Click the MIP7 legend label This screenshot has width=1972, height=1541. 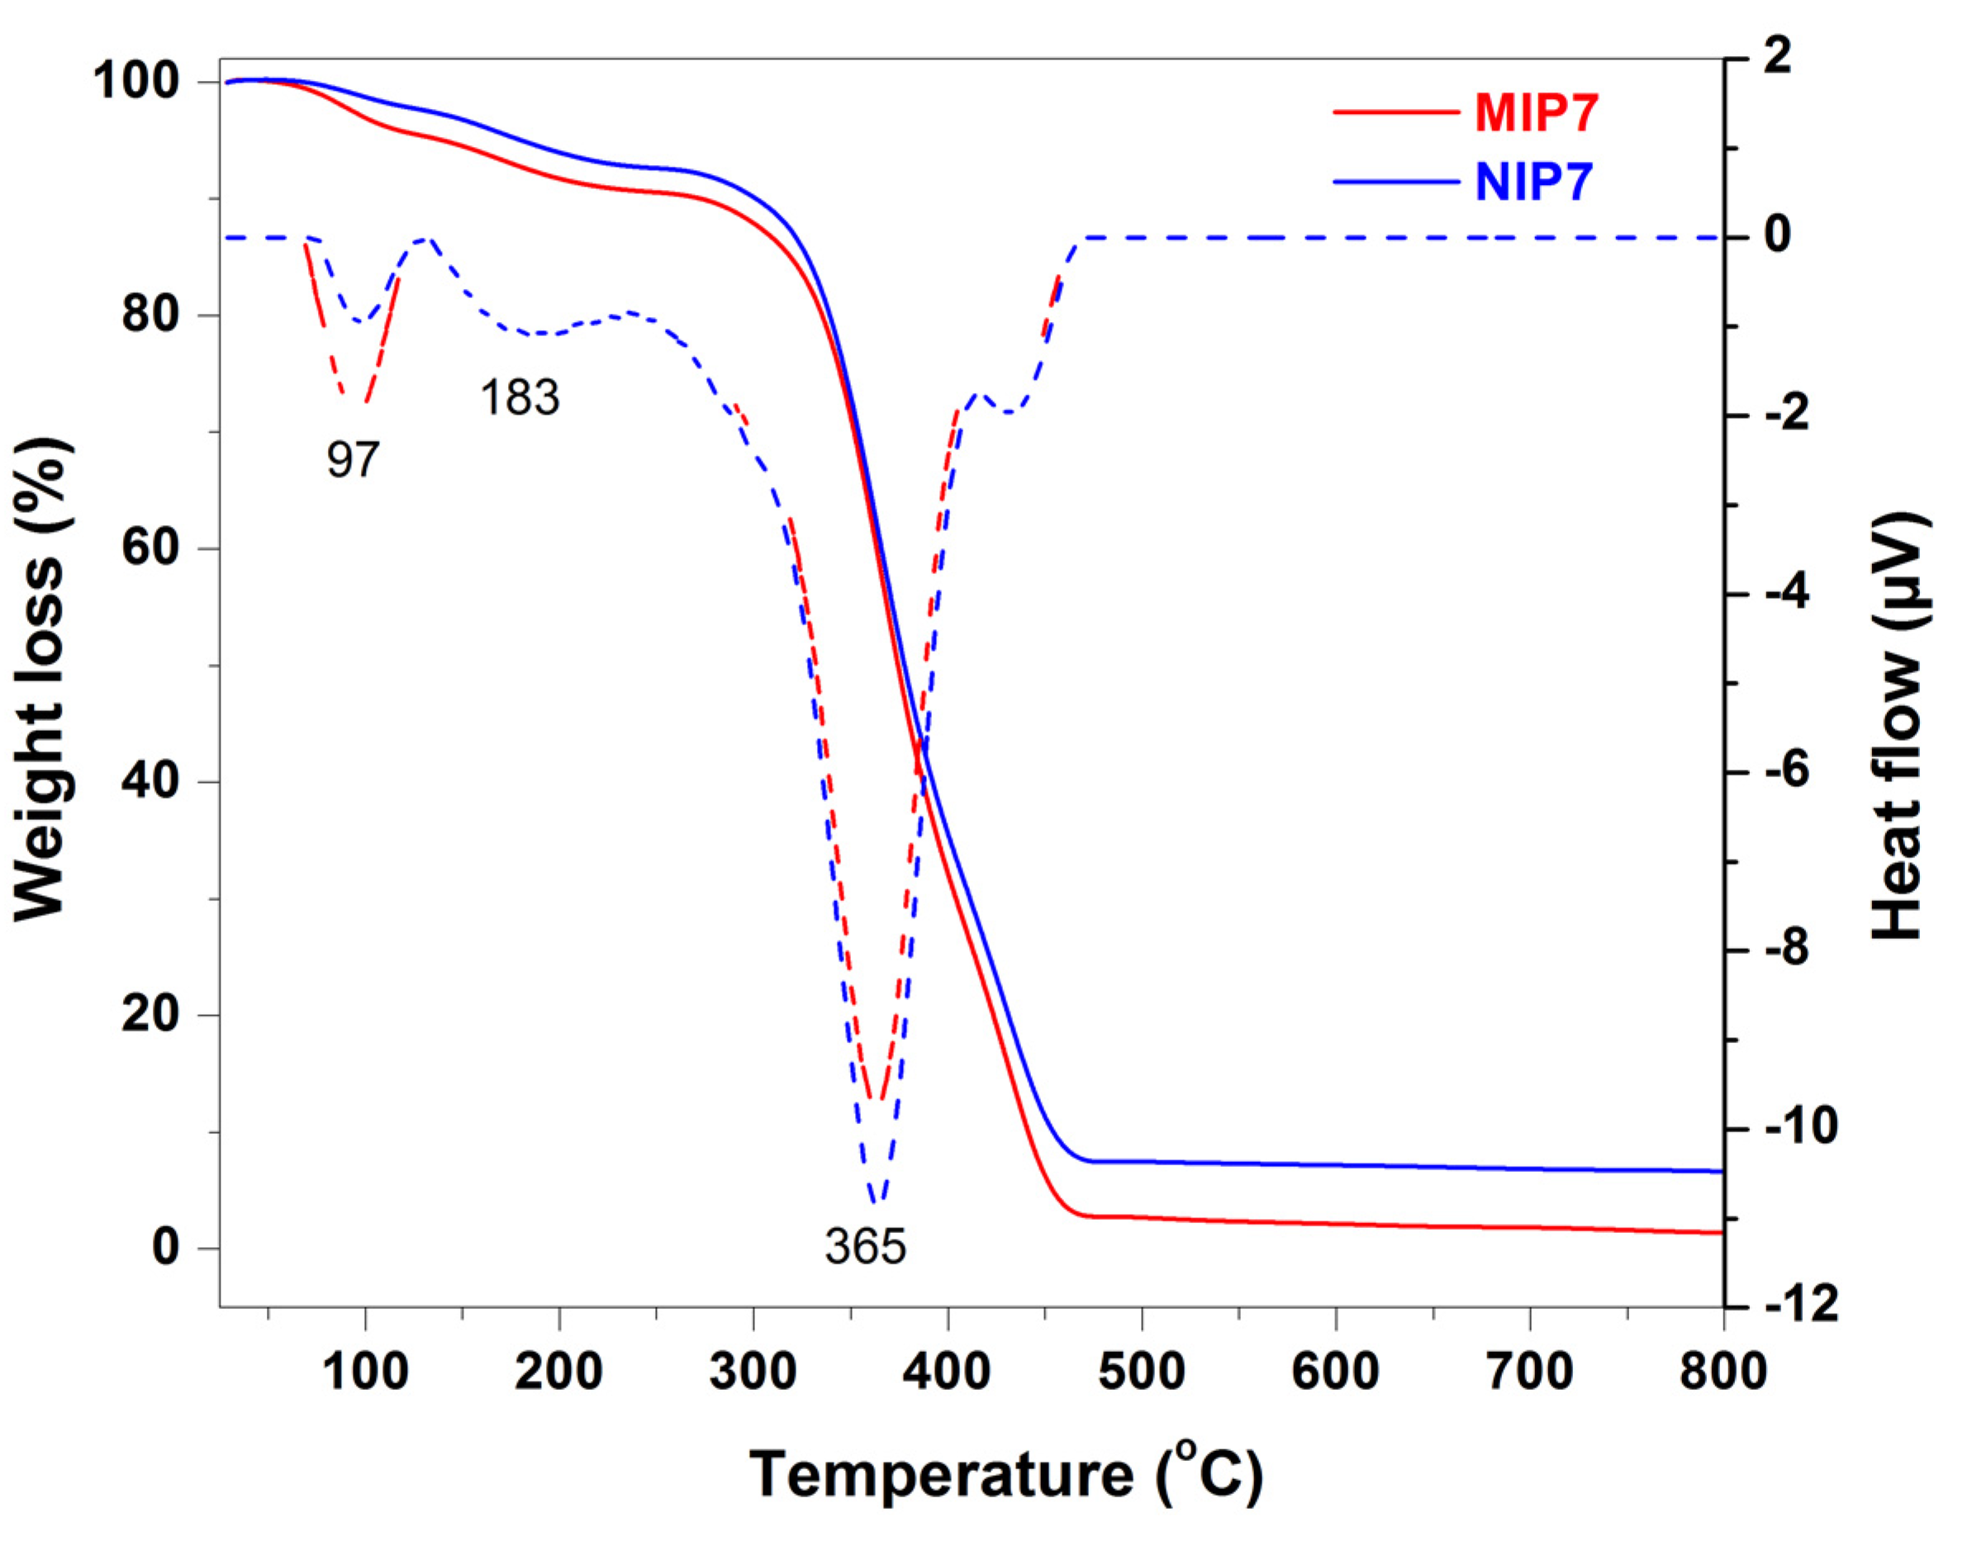pos(1537,115)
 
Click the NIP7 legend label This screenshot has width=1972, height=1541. pos(1534,183)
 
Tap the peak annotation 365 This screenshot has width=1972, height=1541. pos(865,1248)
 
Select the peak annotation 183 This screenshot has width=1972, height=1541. pos(520,398)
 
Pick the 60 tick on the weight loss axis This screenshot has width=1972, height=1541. pos(149,548)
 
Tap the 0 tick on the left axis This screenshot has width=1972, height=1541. pos(164,1249)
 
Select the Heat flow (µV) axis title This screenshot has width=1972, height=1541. pos(1896,727)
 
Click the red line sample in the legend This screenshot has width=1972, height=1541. pos(1396,114)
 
